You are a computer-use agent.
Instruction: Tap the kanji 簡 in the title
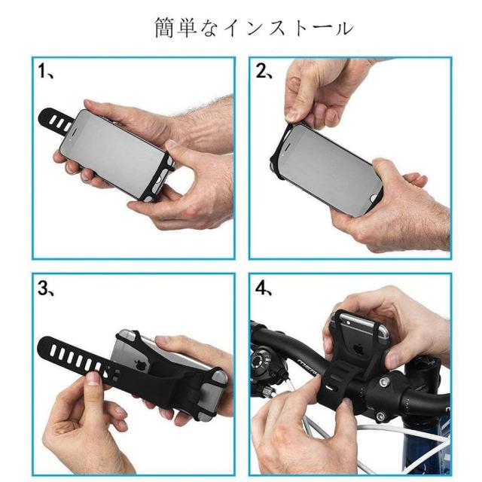tap(165, 28)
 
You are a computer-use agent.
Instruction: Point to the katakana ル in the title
tap(343, 29)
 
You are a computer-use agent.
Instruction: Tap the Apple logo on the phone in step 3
tap(141, 365)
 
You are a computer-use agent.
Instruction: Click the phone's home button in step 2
tap(374, 197)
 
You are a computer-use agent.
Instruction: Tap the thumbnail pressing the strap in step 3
tap(93, 378)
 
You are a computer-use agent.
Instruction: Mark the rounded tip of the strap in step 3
tap(43, 349)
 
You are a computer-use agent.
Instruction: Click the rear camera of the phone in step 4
tap(348, 322)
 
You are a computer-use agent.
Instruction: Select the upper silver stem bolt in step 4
tap(383, 382)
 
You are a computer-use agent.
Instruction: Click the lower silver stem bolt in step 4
tap(380, 416)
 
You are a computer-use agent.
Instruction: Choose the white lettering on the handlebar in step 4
tap(307, 367)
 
